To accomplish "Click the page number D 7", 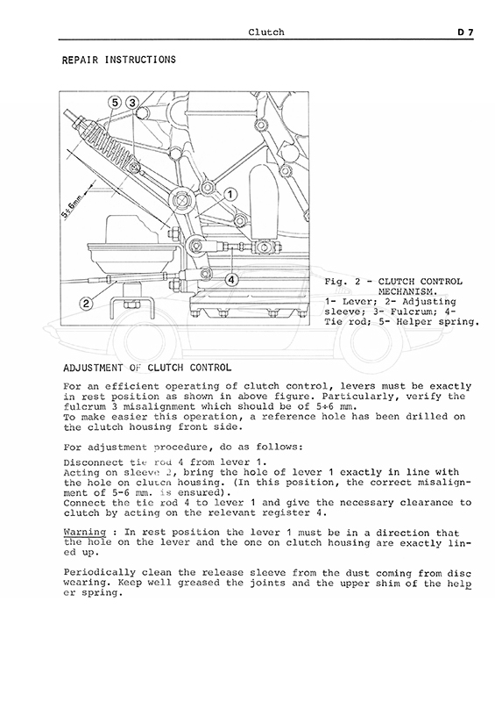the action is coord(465,32).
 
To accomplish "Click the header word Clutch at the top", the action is coord(266,32).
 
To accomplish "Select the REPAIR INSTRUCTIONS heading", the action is coord(119,60).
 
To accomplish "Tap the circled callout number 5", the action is coord(115,103).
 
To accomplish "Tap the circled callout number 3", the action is coord(132,103).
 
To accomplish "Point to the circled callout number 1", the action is coord(230,194).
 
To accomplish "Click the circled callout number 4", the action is coord(231,280).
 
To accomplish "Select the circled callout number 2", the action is coord(86,304).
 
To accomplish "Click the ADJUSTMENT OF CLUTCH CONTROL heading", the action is coord(147,368).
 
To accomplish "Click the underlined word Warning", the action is coord(85,533).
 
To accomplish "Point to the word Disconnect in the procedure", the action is coord(94,462).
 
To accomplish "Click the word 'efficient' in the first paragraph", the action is coord(132,386).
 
